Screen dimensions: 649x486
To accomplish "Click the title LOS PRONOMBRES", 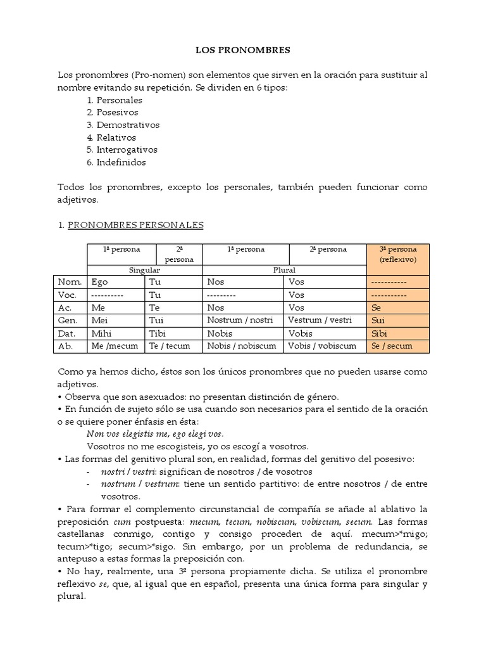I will pos(242,49).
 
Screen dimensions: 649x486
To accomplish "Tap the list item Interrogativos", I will pos(127,150).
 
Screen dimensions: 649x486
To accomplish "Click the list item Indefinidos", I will pos(121,162).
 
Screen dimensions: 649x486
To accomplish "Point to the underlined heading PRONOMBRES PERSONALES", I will pos(135,224).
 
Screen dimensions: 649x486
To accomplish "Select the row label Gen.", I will pos(70,321).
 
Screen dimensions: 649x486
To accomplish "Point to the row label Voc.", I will pos(68,295).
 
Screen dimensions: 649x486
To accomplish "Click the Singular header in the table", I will pos(144,269).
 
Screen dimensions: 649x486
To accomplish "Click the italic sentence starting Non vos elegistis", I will pos(154,434).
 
